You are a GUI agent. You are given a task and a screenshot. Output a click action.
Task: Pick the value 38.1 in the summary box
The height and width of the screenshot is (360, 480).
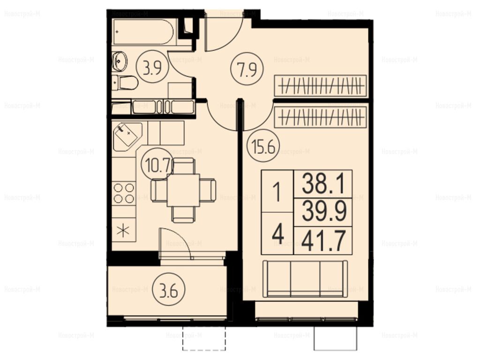[323, 184]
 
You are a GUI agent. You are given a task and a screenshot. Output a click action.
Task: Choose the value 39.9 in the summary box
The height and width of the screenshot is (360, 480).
[324, 211]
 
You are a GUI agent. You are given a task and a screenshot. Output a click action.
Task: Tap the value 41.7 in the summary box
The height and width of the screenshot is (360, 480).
[323, 240]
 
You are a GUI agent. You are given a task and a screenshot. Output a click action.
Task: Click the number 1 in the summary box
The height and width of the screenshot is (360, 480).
[277, 192]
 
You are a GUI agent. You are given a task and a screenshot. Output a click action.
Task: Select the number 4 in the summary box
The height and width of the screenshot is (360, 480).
[278, 234]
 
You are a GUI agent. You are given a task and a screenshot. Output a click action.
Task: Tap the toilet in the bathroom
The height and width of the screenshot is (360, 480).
[125, 83]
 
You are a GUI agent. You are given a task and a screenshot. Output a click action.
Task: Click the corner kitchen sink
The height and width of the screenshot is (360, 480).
[127, 137]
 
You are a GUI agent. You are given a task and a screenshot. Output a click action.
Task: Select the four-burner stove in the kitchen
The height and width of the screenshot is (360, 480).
[124, 194]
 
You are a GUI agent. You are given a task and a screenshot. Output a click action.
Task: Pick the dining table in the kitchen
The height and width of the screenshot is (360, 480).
[183, 190]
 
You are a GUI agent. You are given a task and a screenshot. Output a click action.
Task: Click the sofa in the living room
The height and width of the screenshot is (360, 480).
[305, 279]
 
